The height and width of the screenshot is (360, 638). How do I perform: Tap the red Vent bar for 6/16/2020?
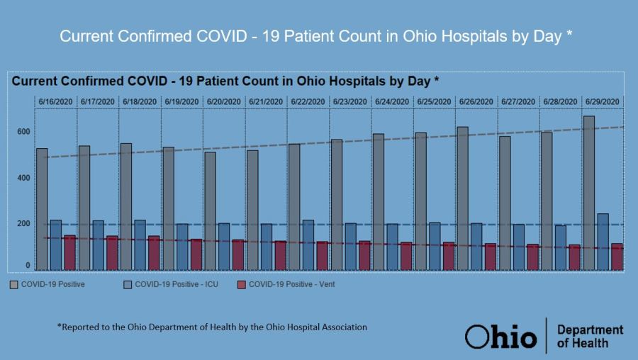pos(69,252)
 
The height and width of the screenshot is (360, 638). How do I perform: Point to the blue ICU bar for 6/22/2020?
pos(308,244)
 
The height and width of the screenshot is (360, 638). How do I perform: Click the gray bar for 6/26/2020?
pos(462,198)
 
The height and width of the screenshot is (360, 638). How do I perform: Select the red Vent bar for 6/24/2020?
pos(406,256)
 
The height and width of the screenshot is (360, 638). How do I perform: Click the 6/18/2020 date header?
pos(140,102)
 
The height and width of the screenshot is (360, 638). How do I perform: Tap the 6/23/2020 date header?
pos(349,102)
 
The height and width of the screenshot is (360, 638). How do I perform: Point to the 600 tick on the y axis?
pos(23,132)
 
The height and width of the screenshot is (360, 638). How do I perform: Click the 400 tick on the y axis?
pos(23,178)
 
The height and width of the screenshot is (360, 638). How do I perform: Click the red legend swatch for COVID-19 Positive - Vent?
pos(241,285)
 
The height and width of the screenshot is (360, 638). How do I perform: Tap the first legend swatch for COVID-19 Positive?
pos(14,285)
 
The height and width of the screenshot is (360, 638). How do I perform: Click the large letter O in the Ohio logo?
pos(477,337)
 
